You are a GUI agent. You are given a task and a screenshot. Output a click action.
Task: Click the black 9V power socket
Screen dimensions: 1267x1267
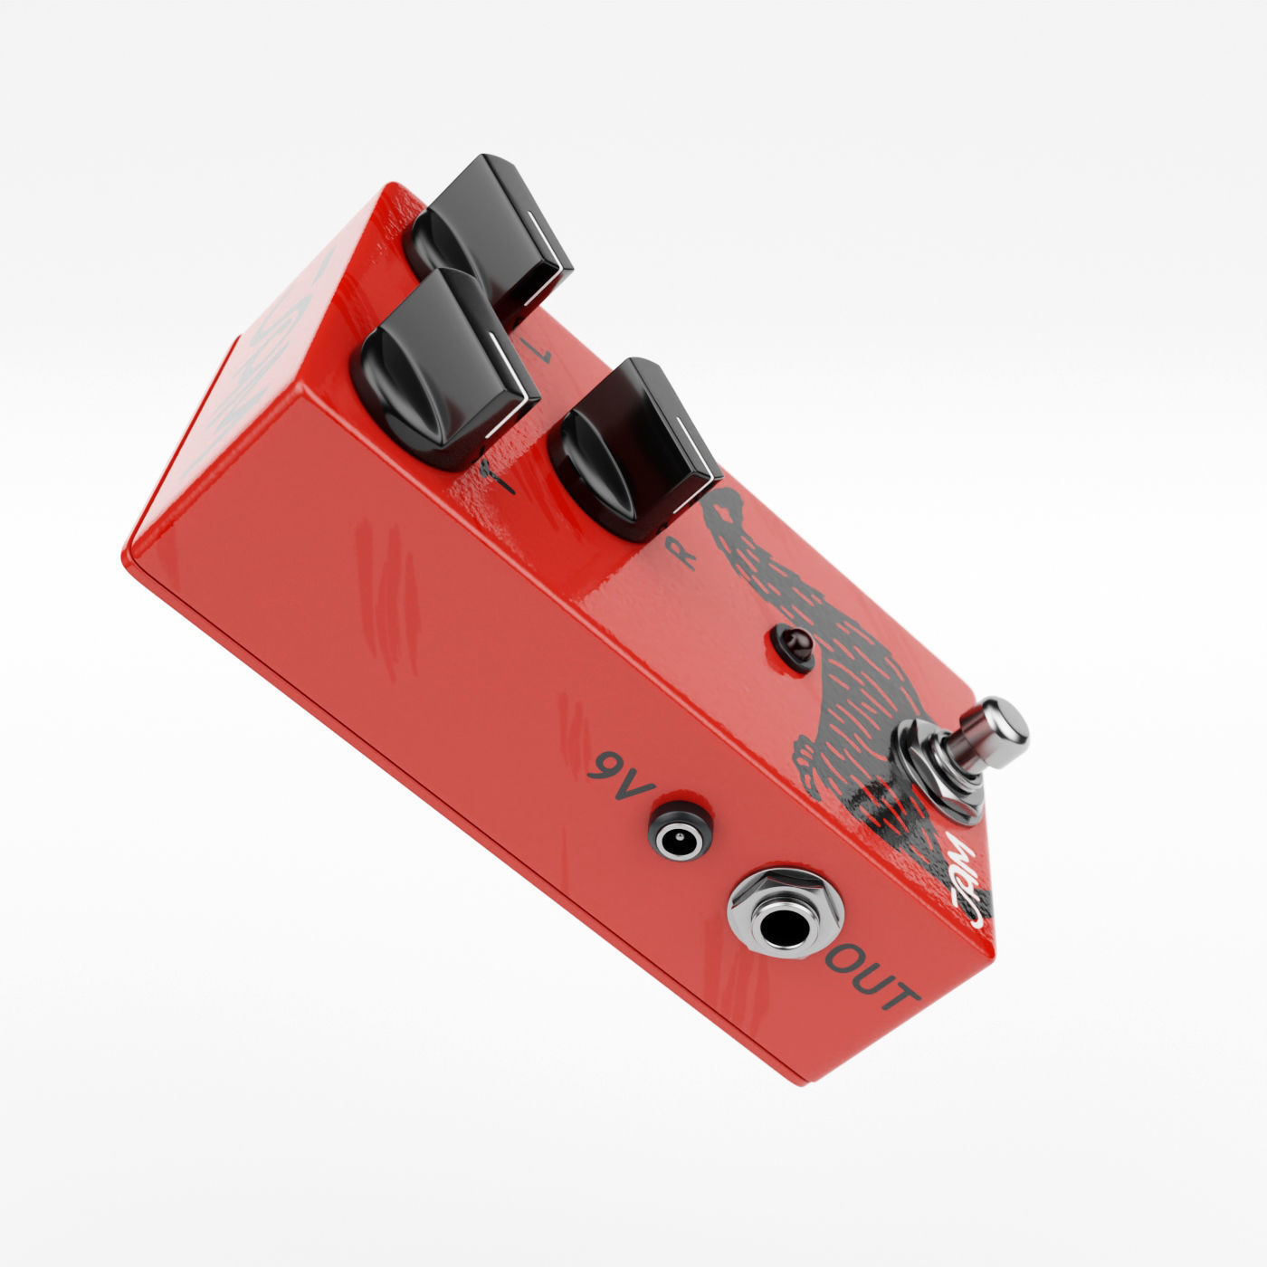679,834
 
